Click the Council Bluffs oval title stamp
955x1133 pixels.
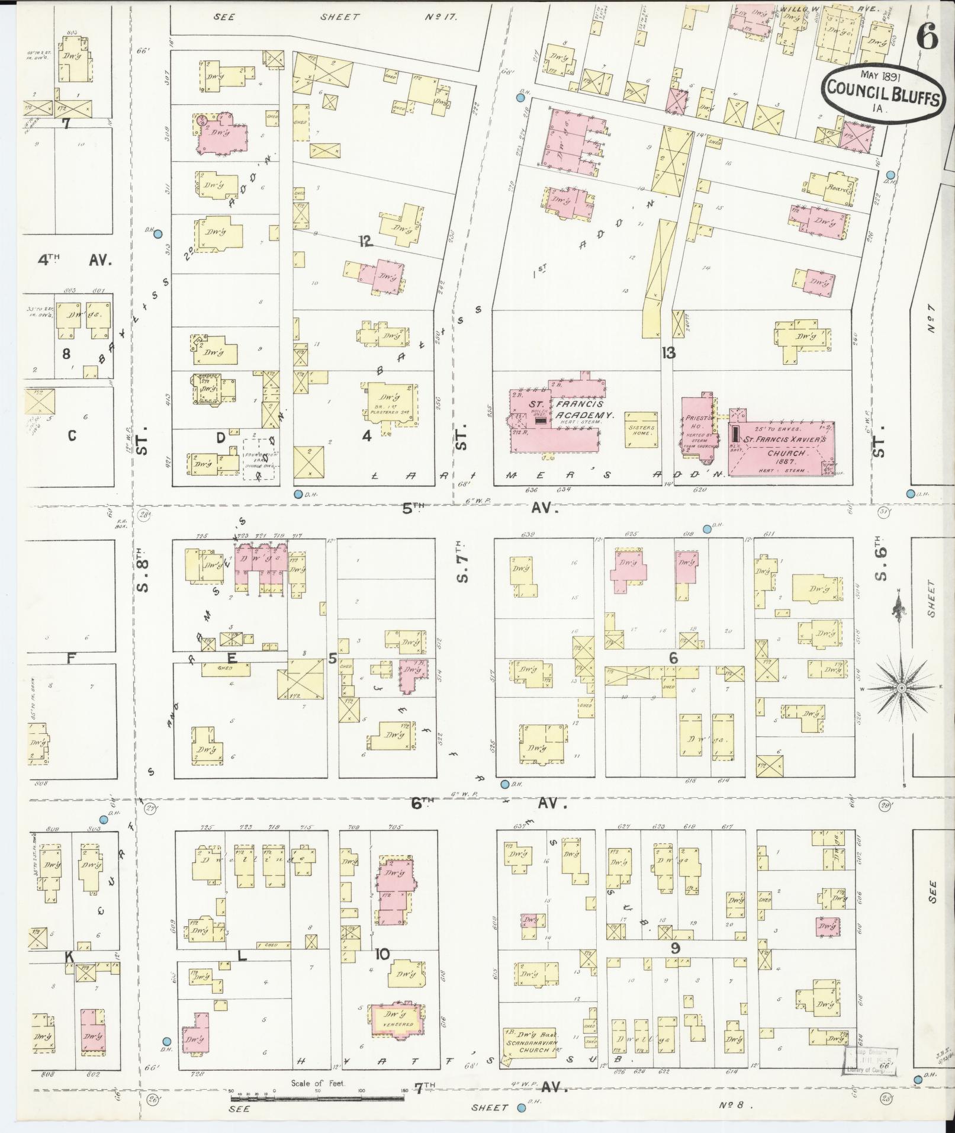pos(880,94)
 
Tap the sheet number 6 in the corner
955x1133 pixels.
pos(927,40)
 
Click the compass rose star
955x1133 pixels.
pos(901,687)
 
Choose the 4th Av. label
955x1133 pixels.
pos(75,259)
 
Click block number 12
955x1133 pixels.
pos(365,240)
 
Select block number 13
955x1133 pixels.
pos(668,354)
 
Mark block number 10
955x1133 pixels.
pos(382,954)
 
